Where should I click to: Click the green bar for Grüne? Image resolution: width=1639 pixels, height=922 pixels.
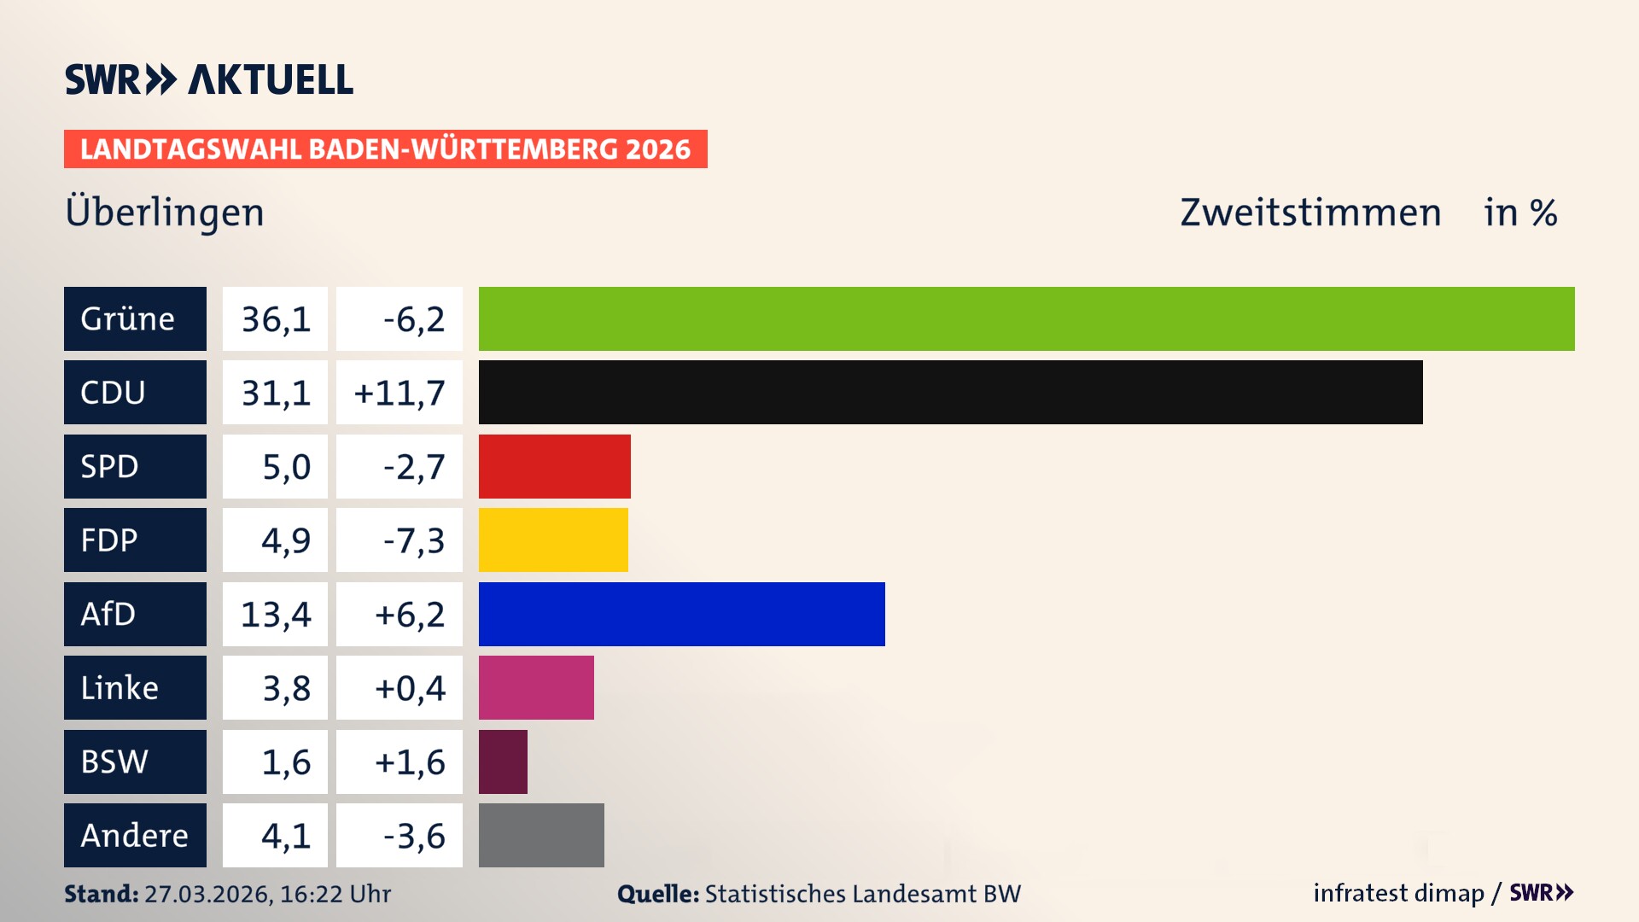tap(1026, 318)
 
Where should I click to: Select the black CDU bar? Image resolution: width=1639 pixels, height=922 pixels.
tap(950, 393)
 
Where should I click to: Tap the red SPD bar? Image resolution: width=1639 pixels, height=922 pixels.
tap(554, 466)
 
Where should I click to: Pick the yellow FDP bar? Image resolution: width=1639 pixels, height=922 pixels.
tap(553, 540)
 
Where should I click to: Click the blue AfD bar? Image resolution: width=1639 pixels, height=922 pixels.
tap(681, 614)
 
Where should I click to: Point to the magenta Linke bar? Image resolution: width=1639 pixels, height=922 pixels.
tap(536, 688)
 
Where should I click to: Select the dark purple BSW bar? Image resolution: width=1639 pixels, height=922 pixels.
tap(503, 762)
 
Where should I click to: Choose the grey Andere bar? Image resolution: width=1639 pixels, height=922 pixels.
tap(541, 835)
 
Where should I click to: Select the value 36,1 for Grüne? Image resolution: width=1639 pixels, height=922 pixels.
tap(275, 319)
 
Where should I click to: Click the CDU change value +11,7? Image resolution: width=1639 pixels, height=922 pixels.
tap(399, 393)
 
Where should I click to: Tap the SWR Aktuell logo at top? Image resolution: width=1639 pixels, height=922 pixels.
tap(208, 79)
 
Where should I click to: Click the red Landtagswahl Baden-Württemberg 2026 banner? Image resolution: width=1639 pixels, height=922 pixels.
tap(385, 149)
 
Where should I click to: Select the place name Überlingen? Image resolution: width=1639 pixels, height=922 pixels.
tap(165, 212)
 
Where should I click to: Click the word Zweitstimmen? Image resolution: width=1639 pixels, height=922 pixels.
tap(1310, 213)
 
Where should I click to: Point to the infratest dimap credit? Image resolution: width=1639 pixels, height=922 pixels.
tap(1398, 893)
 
